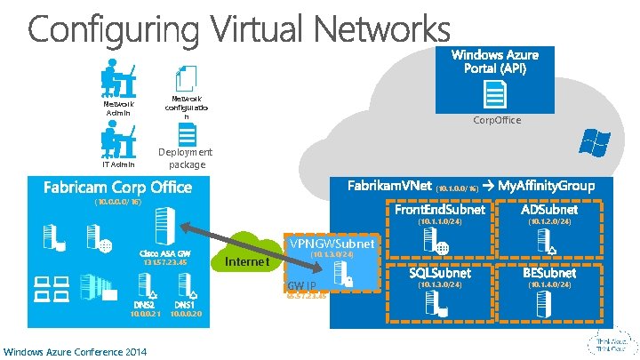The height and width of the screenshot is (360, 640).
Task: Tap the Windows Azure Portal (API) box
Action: (493, 62)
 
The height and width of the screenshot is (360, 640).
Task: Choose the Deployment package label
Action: (186, 158)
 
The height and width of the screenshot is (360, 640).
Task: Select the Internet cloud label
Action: (246, 262)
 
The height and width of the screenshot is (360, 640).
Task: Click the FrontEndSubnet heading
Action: (440, 210)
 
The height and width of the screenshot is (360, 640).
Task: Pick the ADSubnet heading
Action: (549, 210)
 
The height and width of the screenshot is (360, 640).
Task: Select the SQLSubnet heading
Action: (440, 273)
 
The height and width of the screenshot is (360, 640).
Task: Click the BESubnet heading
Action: (549, 273)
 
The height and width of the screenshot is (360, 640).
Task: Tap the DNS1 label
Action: (186, 304)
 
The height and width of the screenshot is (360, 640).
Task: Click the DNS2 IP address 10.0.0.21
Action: (146, 314)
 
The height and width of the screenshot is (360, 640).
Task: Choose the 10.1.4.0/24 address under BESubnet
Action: (549, 284)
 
